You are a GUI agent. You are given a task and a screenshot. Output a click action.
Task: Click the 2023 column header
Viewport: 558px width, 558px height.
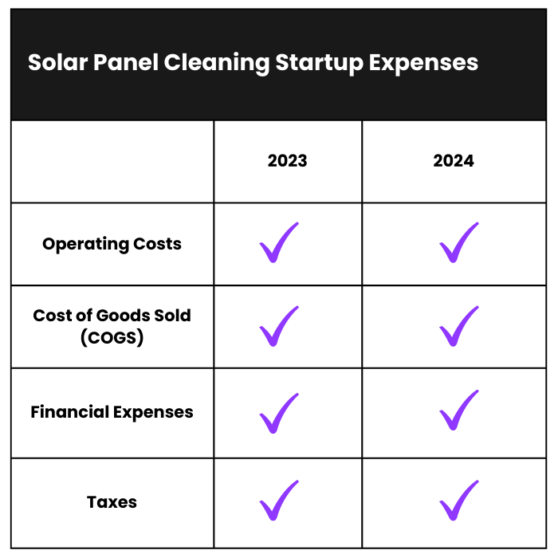287,161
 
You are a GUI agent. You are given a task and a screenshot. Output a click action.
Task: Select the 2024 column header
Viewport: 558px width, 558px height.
454,161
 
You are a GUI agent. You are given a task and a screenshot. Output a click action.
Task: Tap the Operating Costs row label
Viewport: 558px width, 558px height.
112,245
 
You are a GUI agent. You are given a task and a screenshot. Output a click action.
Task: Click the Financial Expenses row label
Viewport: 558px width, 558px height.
112,412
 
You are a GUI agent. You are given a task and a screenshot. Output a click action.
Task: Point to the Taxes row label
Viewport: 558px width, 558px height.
112,502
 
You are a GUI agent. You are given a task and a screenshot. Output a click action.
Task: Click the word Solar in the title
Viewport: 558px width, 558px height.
57,63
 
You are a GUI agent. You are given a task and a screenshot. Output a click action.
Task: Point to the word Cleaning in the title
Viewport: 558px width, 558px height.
217,64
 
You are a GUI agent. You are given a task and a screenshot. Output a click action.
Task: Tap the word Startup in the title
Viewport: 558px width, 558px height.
319,64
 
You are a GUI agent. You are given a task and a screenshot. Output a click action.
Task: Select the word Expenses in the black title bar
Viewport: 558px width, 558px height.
423,64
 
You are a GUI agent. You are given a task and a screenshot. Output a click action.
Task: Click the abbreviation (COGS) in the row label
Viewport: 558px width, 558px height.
112,337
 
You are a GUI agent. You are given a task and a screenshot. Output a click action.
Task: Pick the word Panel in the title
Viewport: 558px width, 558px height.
126,63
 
